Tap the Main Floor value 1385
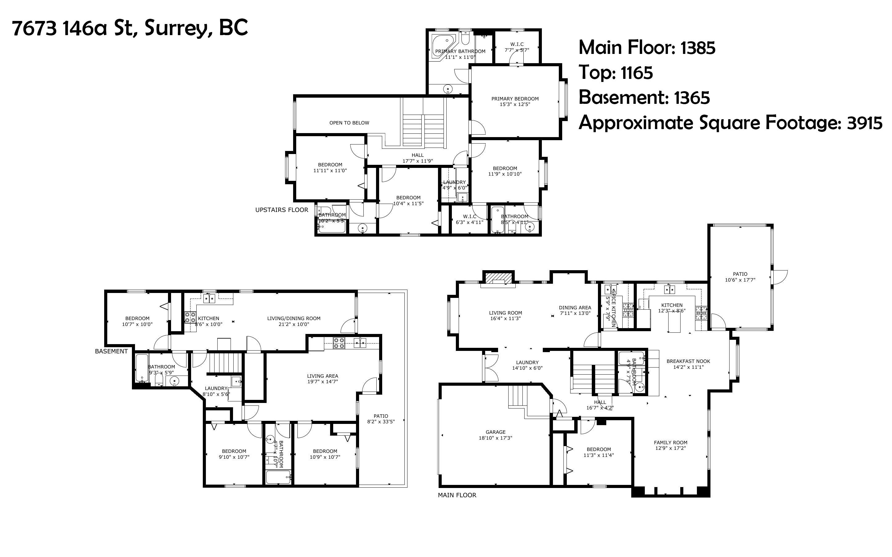698,48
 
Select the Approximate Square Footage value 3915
864,123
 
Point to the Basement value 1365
692,98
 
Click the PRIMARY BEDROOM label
515,99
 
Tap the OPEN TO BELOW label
349,123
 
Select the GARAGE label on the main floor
495,432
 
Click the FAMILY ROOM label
670,442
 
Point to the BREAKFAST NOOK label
688,361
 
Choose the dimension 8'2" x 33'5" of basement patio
381,422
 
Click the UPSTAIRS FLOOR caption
281,209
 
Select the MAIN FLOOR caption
457,495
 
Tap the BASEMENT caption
111,351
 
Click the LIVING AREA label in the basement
322,376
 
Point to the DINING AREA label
575,307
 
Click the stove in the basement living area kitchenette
339,343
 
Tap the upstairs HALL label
417,155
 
